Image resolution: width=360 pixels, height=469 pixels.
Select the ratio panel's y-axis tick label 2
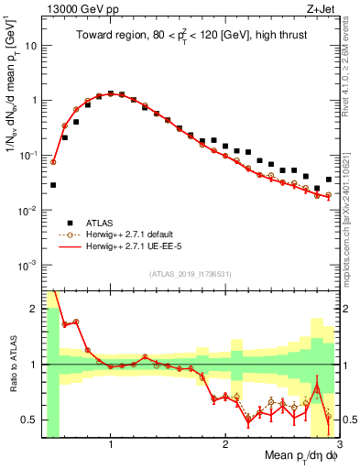click(33, 309)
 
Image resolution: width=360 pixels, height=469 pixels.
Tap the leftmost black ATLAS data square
click(53, 185)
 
